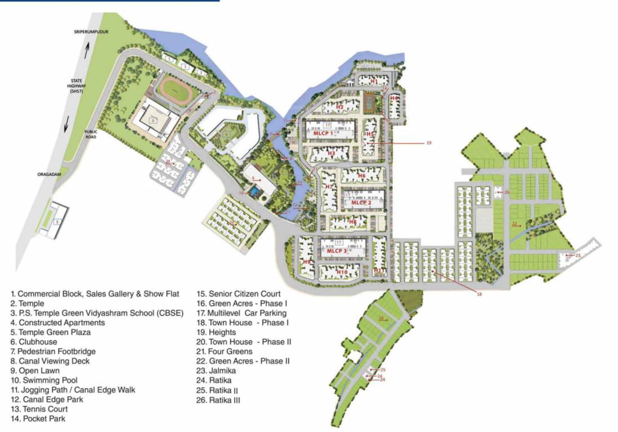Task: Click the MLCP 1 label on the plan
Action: tap(327, 133)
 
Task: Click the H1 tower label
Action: tap(374, 82)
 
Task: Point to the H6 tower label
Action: tap(361, 176)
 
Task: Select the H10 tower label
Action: tap(343, 272)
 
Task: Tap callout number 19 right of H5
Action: tap(428, 143)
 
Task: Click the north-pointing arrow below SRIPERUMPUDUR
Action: tap(86, 52)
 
